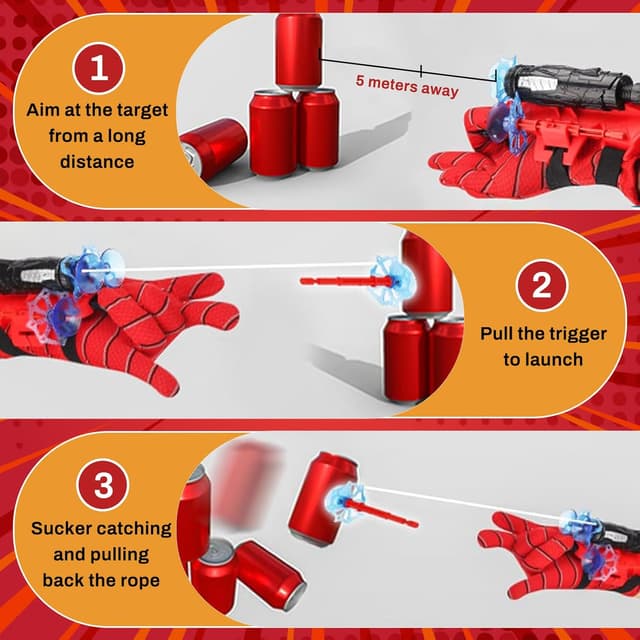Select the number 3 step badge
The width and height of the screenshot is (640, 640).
(x=102, y=490)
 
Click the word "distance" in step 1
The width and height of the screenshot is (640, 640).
(x=98, y=160)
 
